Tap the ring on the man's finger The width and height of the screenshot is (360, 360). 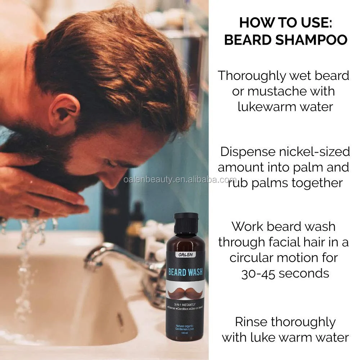[36, 212]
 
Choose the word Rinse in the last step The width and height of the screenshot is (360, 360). [252, 321]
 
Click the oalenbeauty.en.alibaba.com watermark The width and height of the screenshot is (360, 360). [180, 180]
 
